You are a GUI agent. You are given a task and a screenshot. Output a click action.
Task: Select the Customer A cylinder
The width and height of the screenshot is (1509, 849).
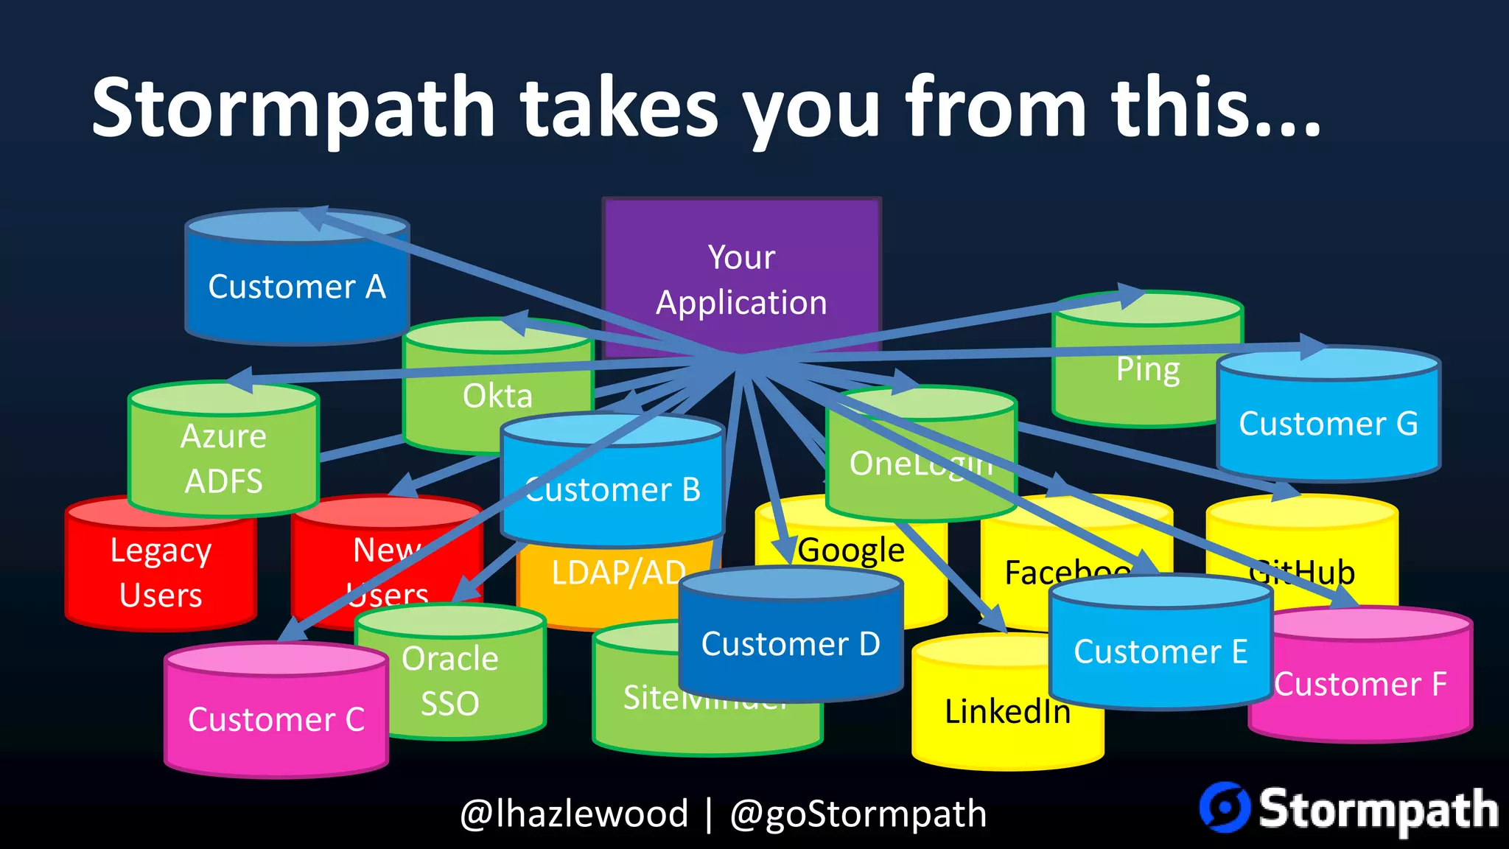coord(296,287)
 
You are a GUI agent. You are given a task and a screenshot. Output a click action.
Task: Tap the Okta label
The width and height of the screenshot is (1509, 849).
coord(497,396)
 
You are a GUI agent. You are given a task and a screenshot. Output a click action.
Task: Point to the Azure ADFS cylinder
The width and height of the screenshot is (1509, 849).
coord(223,458)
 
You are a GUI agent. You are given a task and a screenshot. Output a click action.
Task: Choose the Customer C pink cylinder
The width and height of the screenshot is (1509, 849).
coord(276,719)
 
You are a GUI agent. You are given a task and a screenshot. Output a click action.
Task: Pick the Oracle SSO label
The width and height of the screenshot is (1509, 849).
coord(449,680)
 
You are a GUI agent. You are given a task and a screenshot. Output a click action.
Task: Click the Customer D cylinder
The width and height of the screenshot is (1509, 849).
coord(790,643)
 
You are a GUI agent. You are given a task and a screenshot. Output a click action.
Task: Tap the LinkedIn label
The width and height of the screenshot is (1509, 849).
coord(1006,712)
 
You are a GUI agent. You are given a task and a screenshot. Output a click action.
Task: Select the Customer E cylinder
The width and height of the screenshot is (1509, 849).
coord(1160,651)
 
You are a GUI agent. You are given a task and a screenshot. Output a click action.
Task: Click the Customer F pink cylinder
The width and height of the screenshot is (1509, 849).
coord(1360,684)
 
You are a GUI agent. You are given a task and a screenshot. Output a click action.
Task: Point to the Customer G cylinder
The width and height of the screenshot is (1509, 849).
coord(1328,424)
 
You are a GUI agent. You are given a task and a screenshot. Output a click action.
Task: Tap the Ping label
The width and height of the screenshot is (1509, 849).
coord(1147,369)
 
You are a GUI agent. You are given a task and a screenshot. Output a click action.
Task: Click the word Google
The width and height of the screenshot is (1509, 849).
coord(851,550)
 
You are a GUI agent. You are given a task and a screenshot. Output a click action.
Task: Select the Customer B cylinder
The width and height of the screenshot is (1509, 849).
coord(612,490)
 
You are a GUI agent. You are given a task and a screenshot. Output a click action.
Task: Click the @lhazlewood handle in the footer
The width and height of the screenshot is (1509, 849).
coord(574,814)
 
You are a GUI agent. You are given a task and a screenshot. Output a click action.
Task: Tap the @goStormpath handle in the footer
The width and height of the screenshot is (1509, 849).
coord(858,814)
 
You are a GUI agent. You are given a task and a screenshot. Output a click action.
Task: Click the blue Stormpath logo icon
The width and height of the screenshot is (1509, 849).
coord(1225,808)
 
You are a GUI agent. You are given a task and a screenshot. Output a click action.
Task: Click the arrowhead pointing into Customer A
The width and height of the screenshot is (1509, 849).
coord(313,217)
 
